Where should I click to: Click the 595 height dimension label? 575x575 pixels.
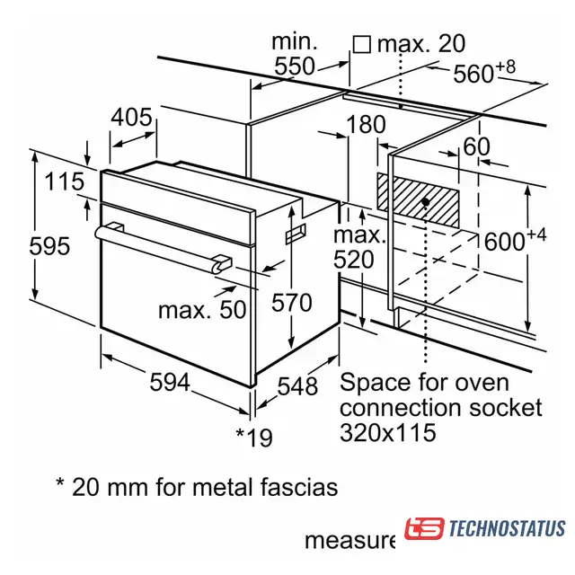tap(49, 245)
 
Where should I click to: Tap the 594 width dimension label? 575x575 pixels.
tap(170, 382)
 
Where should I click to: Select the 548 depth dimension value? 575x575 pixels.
tap(297, 386)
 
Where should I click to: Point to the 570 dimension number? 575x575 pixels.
tap(291, 303)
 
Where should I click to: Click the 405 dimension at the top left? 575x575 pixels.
tap(131, 118)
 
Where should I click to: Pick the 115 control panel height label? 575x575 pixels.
tap(64, 181)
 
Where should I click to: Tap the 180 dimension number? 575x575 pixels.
tap(366, 124)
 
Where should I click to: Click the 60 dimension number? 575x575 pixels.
tap(476, 146)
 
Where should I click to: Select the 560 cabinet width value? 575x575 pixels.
tap(484, 72)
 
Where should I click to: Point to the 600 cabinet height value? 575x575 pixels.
tap(515, 240)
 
